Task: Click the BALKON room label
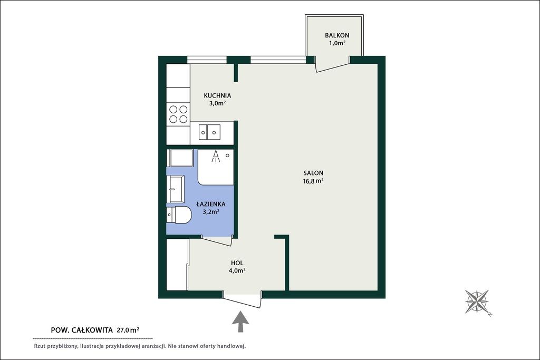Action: pos(337,35)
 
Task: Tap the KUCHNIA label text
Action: pos(217,95)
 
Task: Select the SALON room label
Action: pos(313,173)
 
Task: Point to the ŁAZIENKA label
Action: pos(211,204)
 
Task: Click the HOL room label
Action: pos(237,263)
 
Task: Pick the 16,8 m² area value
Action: pos(313,181)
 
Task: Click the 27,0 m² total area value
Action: pos(128,330)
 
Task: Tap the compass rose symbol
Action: pos(477,301)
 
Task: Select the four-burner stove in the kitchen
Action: pos(178,114)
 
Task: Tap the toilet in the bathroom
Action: pos(179,215)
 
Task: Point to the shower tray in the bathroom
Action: pos(216,167)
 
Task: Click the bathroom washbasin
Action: pos(176,189)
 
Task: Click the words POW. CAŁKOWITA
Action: pos(82,330)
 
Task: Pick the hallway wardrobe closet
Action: pos(178,264)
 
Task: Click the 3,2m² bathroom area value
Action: pos(211,212)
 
